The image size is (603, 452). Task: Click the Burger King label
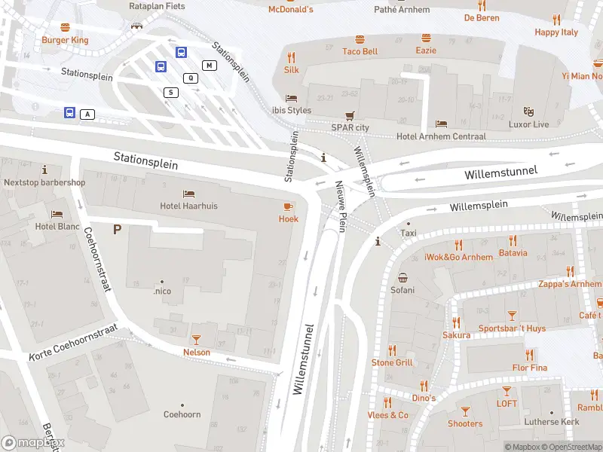65,40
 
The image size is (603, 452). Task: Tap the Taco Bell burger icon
360,38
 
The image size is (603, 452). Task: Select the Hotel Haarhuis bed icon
188,194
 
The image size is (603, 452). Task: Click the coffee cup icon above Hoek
288,206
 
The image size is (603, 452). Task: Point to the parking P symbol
117,229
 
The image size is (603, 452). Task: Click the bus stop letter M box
209,66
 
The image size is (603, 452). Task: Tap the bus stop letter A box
88,114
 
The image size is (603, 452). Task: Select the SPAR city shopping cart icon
350,116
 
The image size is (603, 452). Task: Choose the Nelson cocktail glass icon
197,340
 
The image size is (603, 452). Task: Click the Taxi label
409,234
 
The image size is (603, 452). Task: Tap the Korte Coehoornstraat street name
74,343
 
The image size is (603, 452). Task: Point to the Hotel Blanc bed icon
57,214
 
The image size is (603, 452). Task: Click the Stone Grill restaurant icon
392,350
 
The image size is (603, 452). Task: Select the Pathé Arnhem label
402,10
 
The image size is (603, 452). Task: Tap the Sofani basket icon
403,277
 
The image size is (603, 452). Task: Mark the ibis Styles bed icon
291,99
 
